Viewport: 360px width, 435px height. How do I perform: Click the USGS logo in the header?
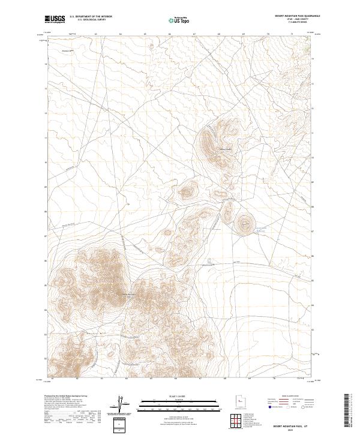pos(55,19)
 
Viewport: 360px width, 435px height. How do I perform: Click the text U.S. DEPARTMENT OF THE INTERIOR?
pos(91,17)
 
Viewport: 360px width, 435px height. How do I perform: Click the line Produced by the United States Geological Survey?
pos(66,397)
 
